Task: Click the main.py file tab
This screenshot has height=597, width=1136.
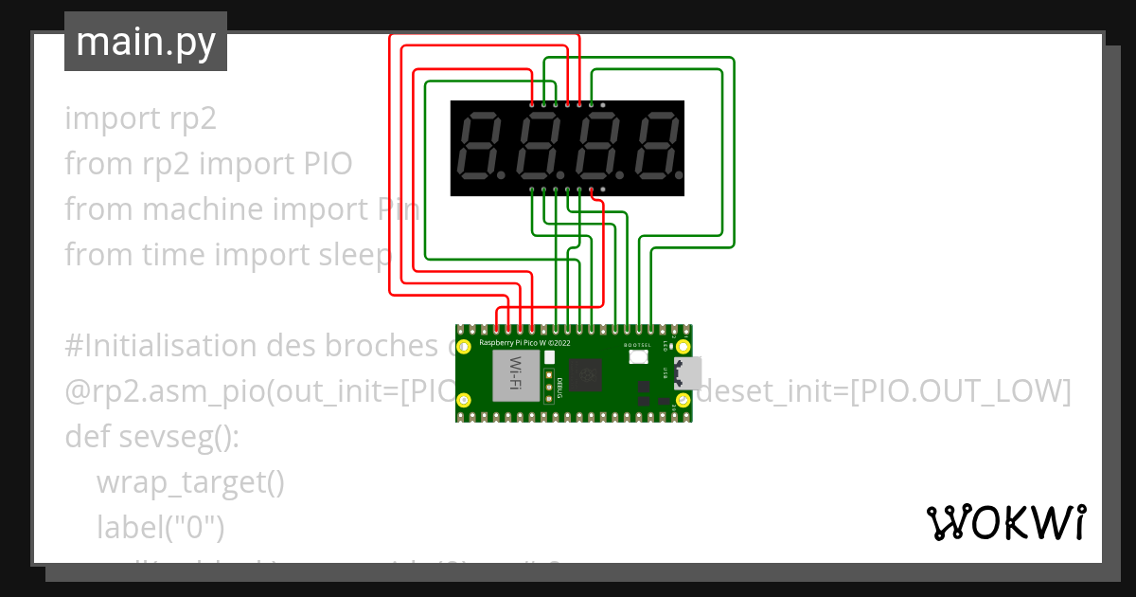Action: (145, 43)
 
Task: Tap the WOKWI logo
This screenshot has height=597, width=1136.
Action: (1005, 522)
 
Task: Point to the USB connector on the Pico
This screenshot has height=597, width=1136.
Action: (687, 373)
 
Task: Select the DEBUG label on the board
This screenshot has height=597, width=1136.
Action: (560, 386)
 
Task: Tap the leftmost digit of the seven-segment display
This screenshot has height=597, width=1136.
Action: (482, 148)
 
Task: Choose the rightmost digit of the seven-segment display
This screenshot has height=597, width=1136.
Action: (655, 148)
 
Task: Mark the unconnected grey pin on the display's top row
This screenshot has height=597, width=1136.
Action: (603, 104)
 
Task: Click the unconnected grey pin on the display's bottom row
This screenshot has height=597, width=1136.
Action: (603, 190)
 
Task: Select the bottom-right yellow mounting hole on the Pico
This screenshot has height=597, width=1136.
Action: (683, 401)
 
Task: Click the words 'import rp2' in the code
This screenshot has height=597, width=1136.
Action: (140, 118)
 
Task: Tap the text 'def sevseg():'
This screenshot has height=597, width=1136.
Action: (152, 437)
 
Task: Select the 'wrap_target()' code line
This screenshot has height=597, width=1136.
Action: (189, 482)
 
